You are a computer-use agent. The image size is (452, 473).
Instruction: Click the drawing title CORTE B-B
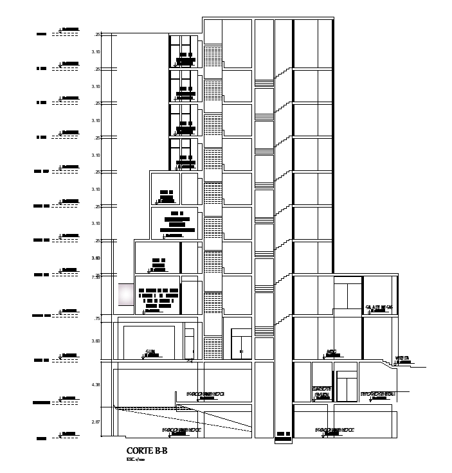coord(147,451)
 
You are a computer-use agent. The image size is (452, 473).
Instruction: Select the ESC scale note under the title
coord(136,460)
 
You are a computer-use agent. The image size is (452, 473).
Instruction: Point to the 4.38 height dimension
coord(96,384)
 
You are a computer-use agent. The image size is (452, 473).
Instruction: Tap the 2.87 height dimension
coord(96,422)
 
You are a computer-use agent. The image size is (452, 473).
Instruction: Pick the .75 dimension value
coord(97,319)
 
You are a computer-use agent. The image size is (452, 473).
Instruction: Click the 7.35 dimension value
coord(96,278)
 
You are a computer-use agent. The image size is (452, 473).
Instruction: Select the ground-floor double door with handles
coord(241,343)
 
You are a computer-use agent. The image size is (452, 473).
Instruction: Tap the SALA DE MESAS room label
coord(379,307)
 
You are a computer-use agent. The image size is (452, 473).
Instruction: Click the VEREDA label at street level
coord(402,358)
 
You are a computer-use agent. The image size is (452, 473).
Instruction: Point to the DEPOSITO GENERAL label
coord(377,393)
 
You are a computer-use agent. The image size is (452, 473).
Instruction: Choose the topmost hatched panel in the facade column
coord(213,54)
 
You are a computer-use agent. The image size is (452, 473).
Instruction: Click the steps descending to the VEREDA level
coord(390,364)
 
